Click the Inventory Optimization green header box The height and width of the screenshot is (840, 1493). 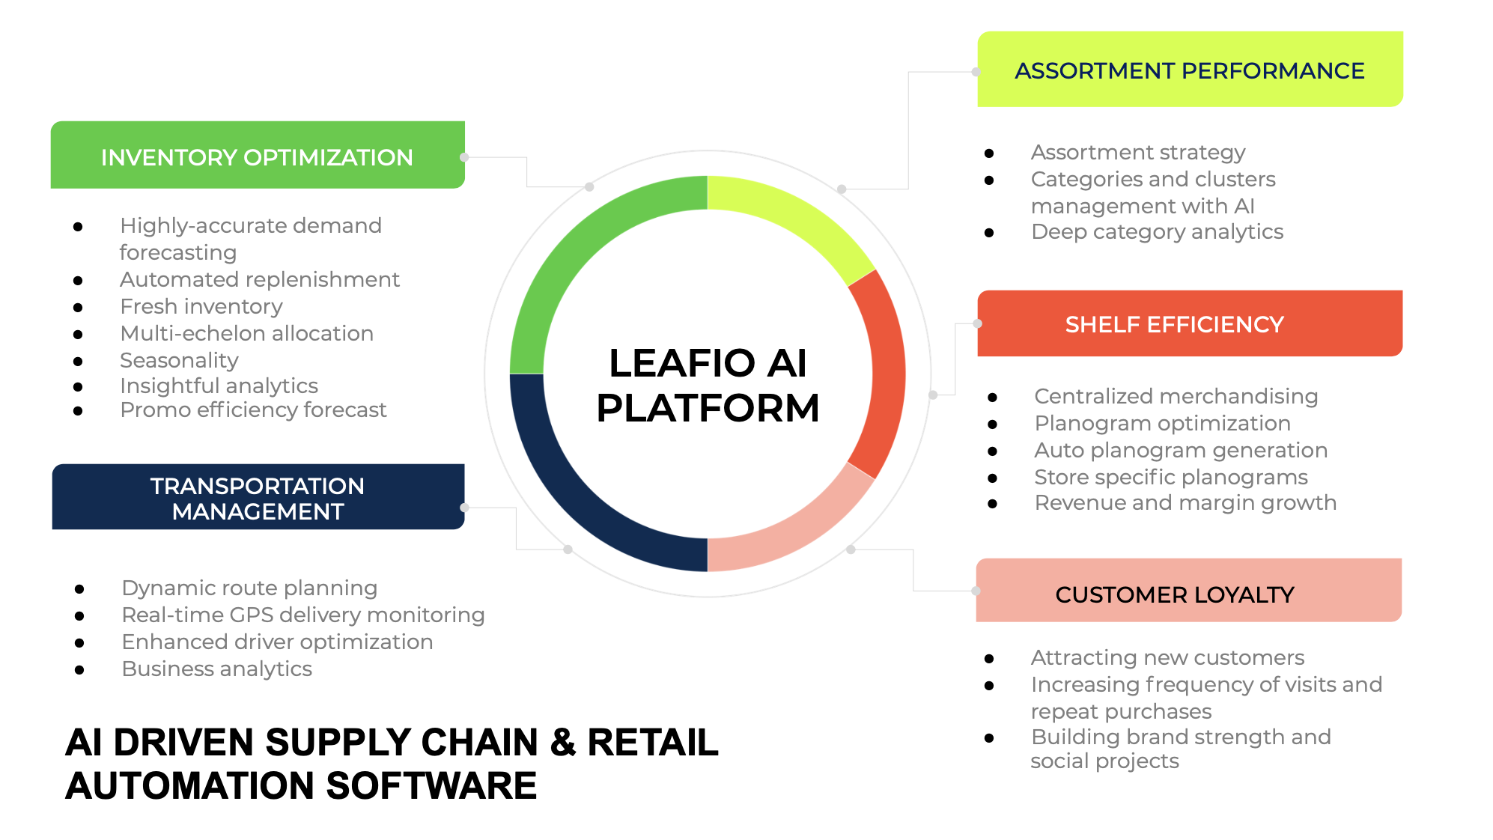click(x=257, y=156)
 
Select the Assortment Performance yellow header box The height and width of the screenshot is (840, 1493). click(x=1189, y=70)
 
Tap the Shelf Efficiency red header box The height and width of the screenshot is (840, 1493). click(x=1189, y=323)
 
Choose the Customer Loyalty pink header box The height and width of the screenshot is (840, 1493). click(x=1188, y=591)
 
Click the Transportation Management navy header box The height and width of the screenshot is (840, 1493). click(x=257, y=498)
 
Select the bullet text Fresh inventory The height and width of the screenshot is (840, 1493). click(x=201, y=307)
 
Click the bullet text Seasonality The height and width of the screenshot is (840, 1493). click(x=179, y=361)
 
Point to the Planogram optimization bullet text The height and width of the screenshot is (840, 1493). click(x=1162, y=424)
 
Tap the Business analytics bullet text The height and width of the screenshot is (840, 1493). click(x=216, y=669)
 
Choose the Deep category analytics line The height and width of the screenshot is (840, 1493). click(x=1157, y=232)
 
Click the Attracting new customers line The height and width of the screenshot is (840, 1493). click(x=1167, y=658)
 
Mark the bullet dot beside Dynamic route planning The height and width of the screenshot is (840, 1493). click(x=79, y=589)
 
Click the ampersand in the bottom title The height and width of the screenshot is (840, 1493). click(x=562, y=743)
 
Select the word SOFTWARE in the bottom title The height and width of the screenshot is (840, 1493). click(x=431, y=786)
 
